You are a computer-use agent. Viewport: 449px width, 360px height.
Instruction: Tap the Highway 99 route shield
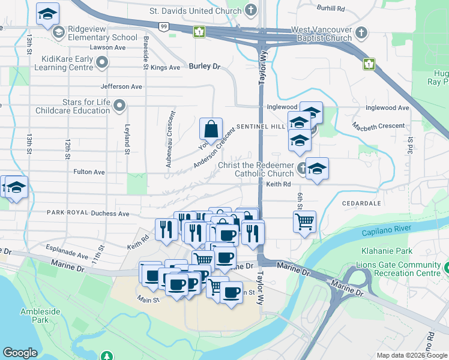point(163,26)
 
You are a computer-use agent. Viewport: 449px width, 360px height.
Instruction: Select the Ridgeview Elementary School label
point(103,33)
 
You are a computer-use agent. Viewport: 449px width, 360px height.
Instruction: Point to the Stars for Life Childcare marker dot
point(119,106)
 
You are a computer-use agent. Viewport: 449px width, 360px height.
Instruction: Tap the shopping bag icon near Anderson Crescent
point(211,129)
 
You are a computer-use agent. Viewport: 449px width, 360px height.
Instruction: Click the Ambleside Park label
point(34,316)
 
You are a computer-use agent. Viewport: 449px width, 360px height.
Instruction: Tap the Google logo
point(20,353)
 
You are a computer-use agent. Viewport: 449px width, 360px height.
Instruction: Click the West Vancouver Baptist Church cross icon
point(361,32)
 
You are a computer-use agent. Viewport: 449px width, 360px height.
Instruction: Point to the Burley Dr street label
point(205,67)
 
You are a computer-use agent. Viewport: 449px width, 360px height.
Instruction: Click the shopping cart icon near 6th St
point(304,221)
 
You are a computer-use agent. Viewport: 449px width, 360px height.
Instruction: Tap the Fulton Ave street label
point(89,172)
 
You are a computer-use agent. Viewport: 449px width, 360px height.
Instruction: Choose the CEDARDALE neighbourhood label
point(361,203)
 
